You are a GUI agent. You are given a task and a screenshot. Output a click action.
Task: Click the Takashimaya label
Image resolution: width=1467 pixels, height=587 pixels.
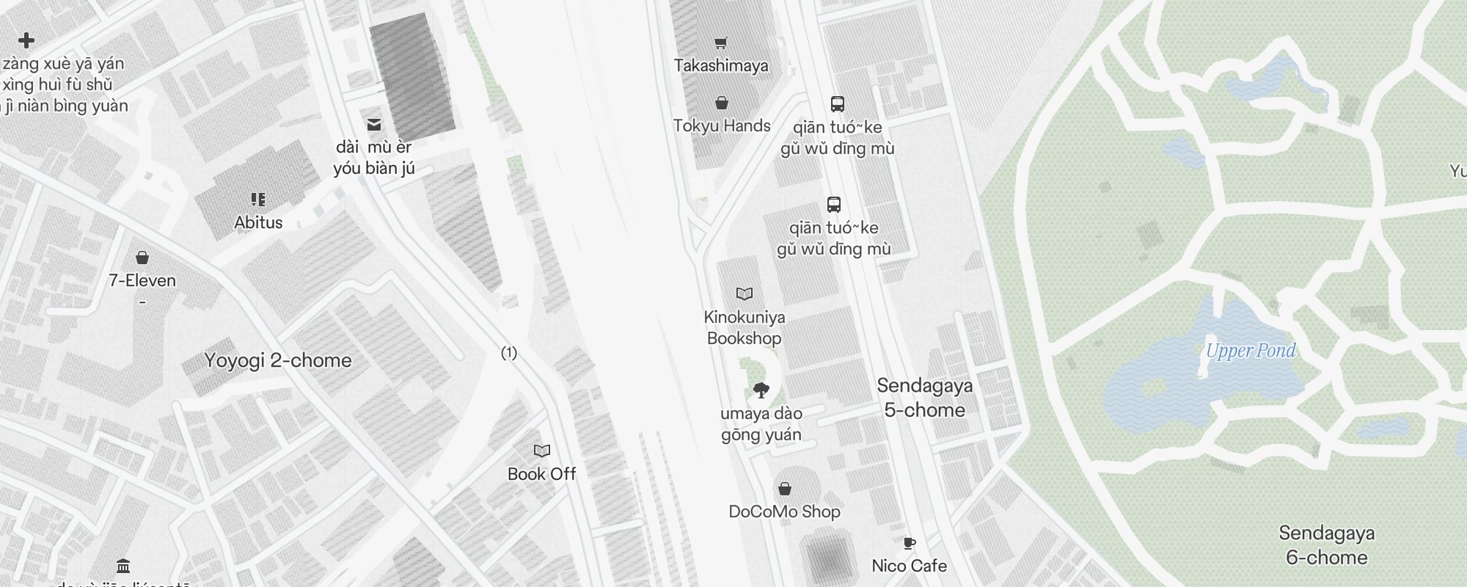[721, 65]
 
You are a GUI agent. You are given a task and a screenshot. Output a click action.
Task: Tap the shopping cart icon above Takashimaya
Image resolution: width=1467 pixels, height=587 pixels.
[721, 43]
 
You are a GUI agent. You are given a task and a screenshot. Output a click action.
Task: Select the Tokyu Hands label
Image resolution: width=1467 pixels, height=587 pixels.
[722, 125]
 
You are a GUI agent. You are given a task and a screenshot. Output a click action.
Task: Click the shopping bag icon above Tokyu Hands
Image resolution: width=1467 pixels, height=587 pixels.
[722, 103]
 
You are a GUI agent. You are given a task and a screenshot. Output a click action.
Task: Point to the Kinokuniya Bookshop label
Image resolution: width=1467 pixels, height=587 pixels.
[744, 327]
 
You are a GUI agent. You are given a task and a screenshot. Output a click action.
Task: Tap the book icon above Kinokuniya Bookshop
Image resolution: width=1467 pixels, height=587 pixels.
[745, 294]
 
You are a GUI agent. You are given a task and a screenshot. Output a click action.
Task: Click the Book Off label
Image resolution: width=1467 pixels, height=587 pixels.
[541, 474]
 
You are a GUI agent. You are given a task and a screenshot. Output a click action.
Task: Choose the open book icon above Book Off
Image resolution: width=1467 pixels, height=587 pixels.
[542, 451]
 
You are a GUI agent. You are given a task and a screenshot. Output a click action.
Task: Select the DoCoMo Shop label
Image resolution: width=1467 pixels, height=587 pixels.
[784, 511]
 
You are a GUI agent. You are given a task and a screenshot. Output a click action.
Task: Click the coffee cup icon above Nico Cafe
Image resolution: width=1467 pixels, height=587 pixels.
[909, 544]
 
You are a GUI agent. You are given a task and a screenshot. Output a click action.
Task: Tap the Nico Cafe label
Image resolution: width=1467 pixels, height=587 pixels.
[909, 566]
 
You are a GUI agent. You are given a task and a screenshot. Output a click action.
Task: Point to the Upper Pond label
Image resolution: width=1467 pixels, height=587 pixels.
[1251, 351]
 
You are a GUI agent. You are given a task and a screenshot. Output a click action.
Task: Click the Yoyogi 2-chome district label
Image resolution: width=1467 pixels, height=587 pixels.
[278, 360]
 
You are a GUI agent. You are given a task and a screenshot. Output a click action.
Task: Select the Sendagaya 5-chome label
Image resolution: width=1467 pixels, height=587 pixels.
[924, 398]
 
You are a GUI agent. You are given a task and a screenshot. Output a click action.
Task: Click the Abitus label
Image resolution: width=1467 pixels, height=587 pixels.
[258, 222]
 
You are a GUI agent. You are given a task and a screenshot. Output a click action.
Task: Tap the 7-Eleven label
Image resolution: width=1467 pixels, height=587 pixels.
[142, 280]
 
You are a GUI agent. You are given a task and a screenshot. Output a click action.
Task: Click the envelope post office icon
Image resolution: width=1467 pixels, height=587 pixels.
[374, 125]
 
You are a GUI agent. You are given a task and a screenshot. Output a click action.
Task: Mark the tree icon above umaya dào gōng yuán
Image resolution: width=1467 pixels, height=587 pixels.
[761, 390]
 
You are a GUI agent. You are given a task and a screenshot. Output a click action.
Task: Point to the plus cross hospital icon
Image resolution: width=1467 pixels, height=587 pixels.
[26, 40]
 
